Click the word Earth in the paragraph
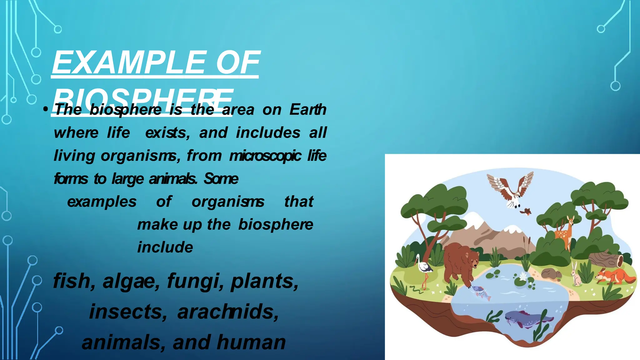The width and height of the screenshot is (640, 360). [308, 109]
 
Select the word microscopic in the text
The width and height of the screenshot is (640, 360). [265, 156]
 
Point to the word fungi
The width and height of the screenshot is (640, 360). [195, 281]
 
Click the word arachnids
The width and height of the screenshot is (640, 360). [228, 312]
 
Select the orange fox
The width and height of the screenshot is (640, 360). [614, 276]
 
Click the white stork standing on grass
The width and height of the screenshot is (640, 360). [423, 269]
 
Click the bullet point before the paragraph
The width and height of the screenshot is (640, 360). [46, 109]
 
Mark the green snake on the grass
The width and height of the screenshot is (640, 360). [416, 290]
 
